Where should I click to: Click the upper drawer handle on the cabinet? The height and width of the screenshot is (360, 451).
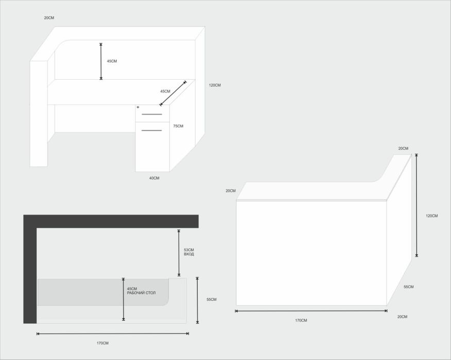point(151,114)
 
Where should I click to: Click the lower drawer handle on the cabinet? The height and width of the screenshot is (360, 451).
point(151,131)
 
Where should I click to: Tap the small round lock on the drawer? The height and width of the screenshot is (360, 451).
point(138,107)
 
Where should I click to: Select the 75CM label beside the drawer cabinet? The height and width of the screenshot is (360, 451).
point(178,126)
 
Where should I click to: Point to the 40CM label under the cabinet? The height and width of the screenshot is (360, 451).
point(154,178)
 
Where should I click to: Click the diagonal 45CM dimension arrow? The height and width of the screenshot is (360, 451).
point(173,93)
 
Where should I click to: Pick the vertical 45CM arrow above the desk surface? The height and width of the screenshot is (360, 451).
point(101,61)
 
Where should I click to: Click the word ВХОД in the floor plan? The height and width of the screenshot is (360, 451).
point(189,254)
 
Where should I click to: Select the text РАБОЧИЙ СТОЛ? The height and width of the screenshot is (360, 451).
point(141,293)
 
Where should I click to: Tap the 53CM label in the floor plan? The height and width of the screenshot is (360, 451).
point(189,250)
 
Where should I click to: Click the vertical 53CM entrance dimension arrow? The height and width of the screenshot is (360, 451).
point(179,253)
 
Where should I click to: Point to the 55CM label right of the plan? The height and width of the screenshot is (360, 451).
point(212,299)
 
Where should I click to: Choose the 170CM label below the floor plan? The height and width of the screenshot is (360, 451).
point(102,343)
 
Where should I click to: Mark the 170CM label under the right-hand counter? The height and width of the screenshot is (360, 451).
point(301,320)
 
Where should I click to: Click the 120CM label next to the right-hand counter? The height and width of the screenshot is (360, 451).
point(432,216)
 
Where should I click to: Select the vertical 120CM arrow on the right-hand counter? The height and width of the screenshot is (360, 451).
point(417,205)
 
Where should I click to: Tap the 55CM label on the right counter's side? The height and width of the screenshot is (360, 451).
point(409,287)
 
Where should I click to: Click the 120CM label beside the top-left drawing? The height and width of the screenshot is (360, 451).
point(215,85)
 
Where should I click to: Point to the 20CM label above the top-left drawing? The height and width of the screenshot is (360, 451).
point(49,18)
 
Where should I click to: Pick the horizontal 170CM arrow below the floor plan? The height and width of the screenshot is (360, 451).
point(113,334)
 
